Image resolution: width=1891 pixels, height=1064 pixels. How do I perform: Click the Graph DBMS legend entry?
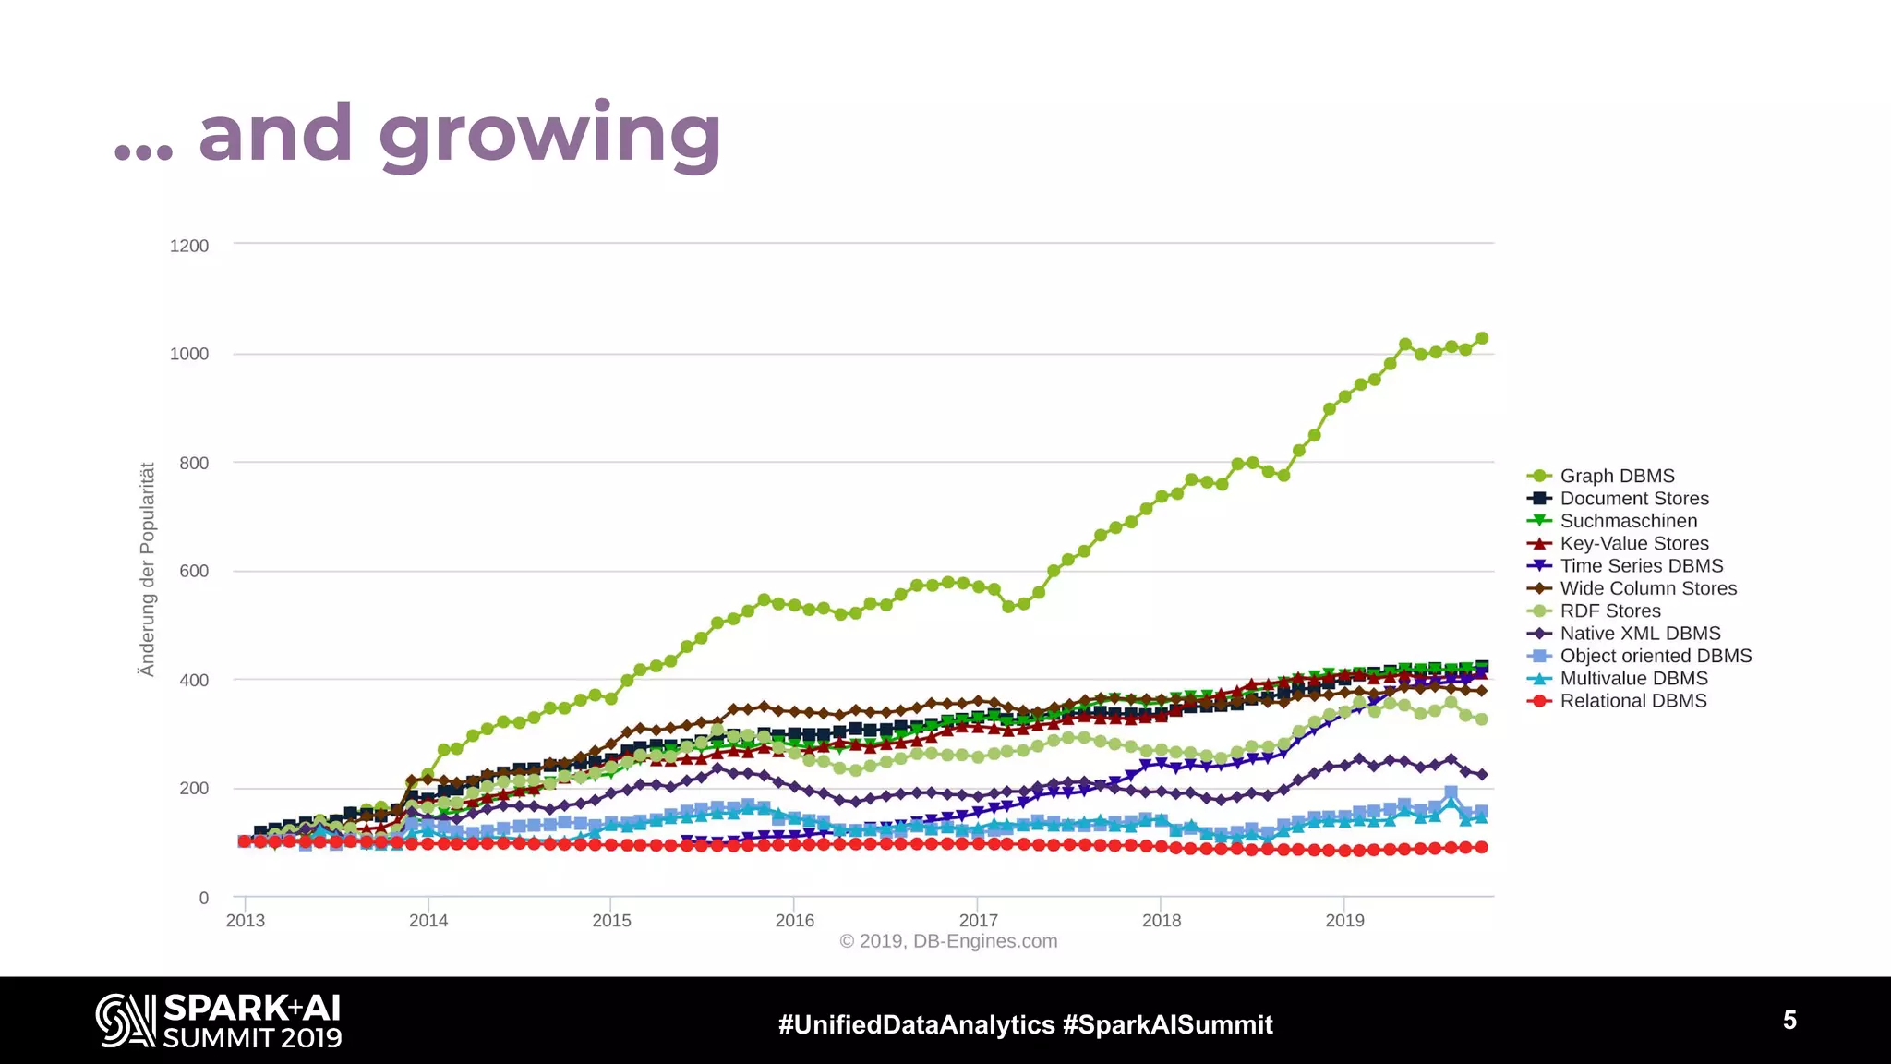coord(1616,476)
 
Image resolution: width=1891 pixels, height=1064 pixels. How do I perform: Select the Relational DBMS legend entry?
coord(1632,701)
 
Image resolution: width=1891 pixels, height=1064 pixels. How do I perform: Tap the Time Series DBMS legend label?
coord(1641,566)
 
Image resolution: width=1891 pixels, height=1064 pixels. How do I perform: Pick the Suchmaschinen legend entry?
coord(1628,521)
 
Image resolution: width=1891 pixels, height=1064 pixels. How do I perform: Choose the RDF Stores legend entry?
coord(1609,611)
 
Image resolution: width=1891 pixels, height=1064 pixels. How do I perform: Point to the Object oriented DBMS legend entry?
coord(1655,656)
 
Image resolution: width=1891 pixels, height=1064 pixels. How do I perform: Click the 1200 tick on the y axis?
coord(189,246)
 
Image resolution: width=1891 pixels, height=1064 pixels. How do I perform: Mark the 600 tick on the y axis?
coord(194,572)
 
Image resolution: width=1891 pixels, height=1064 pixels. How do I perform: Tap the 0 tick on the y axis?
coord(204,898)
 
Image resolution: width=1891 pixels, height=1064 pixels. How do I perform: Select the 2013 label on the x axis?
coord(245,921)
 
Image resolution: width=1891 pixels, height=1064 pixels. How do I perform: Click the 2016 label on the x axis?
coord(794,921)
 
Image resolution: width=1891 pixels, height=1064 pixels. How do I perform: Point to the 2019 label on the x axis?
coord(1344,921)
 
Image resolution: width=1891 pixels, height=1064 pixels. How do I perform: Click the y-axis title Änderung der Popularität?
coord(147,569)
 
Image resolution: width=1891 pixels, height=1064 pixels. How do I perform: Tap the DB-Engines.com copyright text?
coord(948,941)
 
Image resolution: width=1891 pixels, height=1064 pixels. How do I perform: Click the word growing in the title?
coord(549,136)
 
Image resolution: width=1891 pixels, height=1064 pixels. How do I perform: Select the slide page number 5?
coord(1789,1020)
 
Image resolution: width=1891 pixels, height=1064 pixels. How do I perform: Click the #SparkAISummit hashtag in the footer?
coord(1168,1024)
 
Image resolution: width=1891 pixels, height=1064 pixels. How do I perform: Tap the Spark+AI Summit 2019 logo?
coord(219,1021)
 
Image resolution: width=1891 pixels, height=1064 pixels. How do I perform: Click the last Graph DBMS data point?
coord(1482,338)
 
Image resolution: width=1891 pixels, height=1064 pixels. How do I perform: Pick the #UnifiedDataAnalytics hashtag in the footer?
coord(916,1024)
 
